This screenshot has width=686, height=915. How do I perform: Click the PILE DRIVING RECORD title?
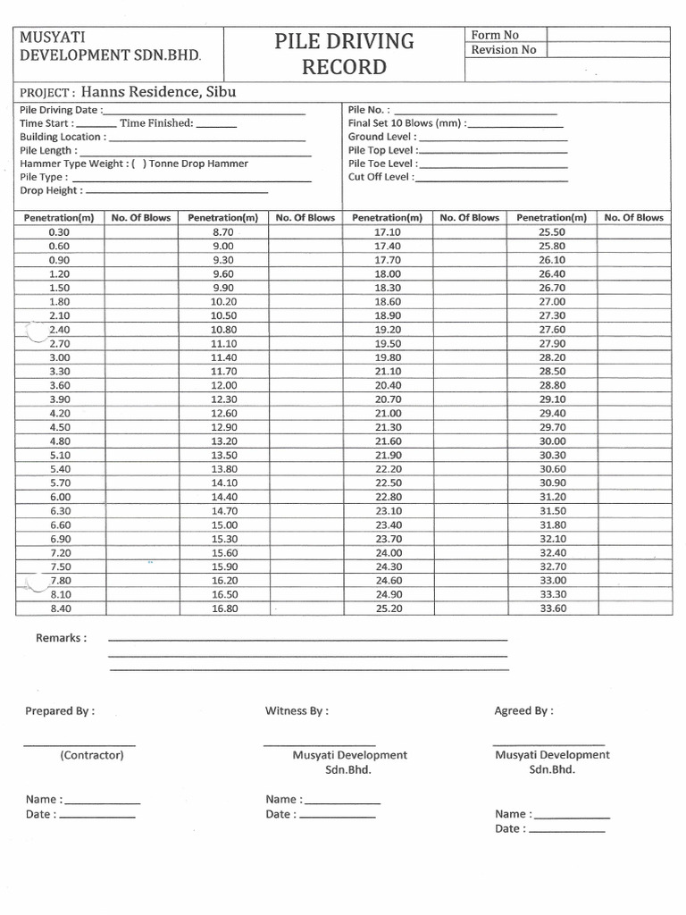pos(345,54)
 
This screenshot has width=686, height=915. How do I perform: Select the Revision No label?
pos(504,50)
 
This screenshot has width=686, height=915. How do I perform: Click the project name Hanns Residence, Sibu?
pos(159,91)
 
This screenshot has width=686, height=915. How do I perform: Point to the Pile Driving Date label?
pos(60,110)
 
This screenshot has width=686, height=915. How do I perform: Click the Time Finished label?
pos(156,123)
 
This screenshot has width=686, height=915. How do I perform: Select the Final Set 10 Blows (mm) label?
pos(406,123)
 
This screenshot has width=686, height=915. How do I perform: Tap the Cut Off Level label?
pos(380,177)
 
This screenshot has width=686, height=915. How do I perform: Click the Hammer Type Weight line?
pos(134,164)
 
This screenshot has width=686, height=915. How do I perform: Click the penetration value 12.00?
pos(222,385)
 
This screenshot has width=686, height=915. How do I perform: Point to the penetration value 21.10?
pos(388,371)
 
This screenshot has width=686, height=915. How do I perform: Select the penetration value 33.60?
pos(552,609)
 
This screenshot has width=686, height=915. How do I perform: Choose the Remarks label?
pos(61,638)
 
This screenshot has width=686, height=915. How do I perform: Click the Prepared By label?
pos(60,711)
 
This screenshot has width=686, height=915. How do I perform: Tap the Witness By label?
pos(297,711)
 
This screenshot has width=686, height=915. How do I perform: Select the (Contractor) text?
pos(92,755)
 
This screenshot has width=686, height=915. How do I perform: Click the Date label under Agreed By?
pos(508,828)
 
